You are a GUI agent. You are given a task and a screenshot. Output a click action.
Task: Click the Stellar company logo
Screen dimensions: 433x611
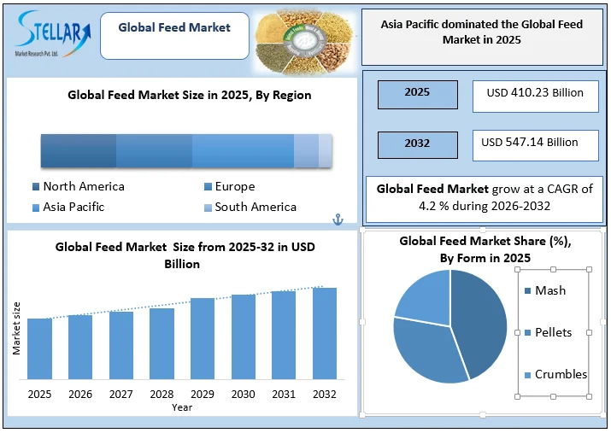pyautogui.click(x=52, y=34)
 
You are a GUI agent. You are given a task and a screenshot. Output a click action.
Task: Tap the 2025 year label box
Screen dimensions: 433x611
pyautogui.click(x=417, y=93)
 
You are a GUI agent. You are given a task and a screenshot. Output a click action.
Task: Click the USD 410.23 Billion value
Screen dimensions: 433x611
pyautogui.click(x=536, y=93)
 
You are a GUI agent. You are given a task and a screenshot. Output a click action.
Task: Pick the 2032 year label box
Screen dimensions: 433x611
pyautogui.click(x=417, y=143)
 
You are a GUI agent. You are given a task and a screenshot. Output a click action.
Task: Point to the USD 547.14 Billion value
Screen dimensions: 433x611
pyautogui.click(x=536, y=143)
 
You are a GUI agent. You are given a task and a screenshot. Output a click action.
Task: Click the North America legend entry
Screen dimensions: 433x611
pyautogui.click(x=78, y=187)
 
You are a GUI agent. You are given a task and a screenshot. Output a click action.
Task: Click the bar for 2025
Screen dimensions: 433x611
pyautogui.click(x=39, y=348)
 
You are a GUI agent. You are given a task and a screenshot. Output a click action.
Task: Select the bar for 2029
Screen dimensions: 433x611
pyautogui.click(x=203, y=338)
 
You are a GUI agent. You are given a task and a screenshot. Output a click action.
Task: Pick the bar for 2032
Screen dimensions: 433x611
pyautogui.click(x=325, y=333)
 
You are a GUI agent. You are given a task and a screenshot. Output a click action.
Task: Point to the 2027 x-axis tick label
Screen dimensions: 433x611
pyautogui.click(x=121, y=394)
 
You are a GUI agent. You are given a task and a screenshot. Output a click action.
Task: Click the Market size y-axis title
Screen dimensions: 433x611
pyautogui.click(x=15, y=328)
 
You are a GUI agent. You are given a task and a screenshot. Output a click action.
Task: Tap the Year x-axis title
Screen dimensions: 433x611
pyautogui.click(x=181, y=407)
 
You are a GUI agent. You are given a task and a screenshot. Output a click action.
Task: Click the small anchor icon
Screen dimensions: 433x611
pyautogui.click(x=337, y=220)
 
